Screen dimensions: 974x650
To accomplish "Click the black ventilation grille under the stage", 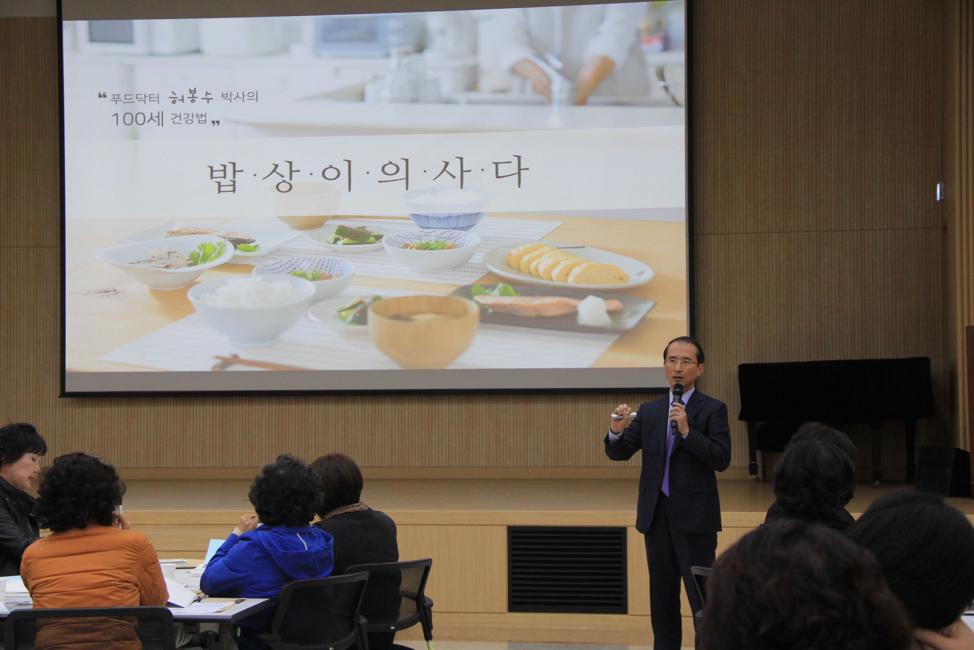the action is (x=567, y=570).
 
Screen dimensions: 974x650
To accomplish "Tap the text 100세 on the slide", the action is (x=135, y=119).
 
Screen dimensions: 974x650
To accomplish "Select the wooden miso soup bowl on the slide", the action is (x=423, y=331).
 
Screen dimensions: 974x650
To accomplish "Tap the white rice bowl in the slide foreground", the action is (x=251, y=309).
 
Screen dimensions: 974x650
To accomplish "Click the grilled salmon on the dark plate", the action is (x=547, y=306).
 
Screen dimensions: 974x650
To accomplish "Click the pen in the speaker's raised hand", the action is (x=624, y=415).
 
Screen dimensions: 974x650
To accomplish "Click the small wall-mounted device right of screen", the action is (x=941, y=191).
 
